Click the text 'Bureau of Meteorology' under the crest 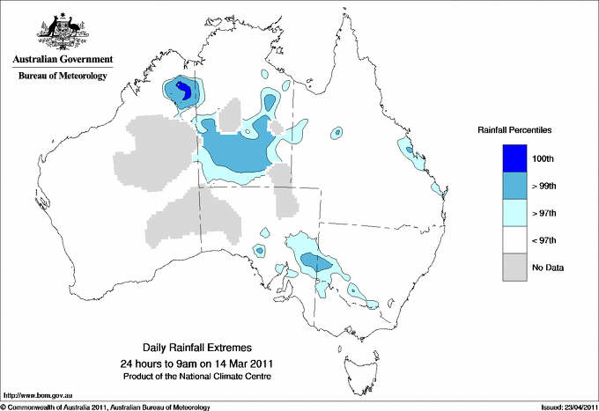[63, 77]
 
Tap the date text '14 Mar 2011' [247, 363]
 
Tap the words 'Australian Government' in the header [63, 61]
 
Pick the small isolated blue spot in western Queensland [336, 133]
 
